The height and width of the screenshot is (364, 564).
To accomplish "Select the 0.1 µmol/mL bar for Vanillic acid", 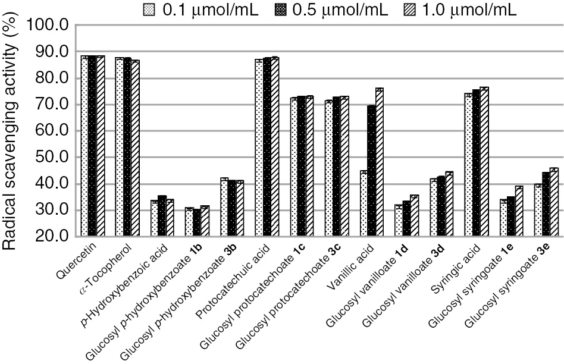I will click(363, 203).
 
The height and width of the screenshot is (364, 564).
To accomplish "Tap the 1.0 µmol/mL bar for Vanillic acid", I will click(379, 162).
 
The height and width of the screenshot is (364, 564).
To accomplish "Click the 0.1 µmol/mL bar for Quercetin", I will click(84, 146).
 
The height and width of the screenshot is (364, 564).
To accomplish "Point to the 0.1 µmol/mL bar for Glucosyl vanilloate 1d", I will click(397, 221).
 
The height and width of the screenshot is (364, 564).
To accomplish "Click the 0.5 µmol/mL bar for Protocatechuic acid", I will click(267, 147).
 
